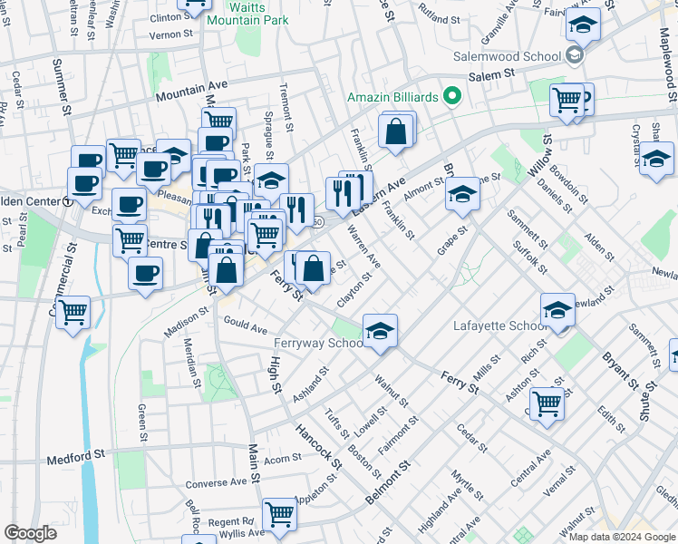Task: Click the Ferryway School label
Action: pyautogui.click(x=320, y=344)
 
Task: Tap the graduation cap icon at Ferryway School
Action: pyautogui.click(x=381, y=331)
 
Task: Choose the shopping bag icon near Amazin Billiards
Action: pyautogui.click(x=397, y=131)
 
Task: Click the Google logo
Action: pyautogui.click(x=30, y=533)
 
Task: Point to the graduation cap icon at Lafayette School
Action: pyautogui.click(x=557, y=309)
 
